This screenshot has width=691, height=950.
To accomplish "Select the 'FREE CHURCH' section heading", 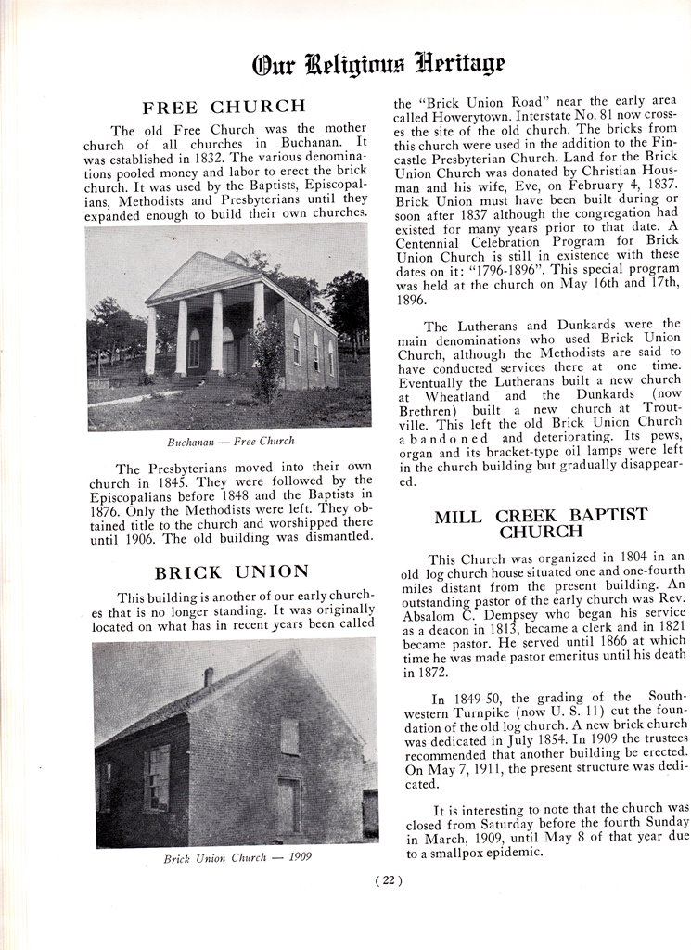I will click(223, 107).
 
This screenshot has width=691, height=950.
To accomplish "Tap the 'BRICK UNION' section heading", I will click(231, 571).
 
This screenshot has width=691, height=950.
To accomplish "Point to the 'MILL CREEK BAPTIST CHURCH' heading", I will click(541, 523).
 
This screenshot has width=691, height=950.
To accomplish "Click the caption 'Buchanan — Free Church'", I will click(230, 441).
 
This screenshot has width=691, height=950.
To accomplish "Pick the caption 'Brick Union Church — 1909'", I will click(237, 857).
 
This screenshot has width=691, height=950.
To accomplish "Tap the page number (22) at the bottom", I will click(388, 881).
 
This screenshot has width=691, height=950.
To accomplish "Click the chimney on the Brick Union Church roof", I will click(209, 677).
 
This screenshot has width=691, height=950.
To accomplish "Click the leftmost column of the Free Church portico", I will click(150, 340).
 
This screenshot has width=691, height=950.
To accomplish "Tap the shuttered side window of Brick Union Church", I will click(157, 777).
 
